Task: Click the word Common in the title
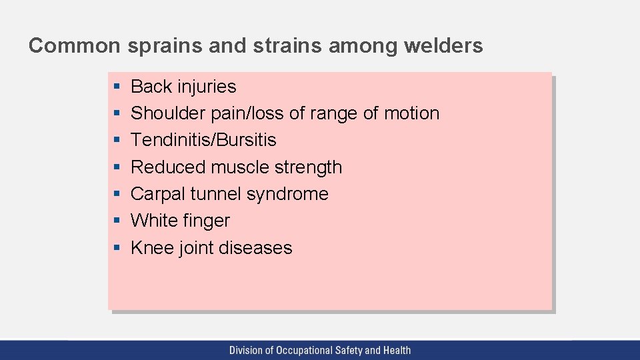click(74, 45)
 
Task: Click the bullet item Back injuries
click(183, 87)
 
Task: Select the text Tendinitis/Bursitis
click(203, 140)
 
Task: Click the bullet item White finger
click(180, 221)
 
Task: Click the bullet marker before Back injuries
click(116, 87)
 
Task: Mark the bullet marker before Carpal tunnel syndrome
click(116, 194)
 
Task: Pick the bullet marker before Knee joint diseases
click(116, 248)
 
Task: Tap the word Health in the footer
click(396, 350)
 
